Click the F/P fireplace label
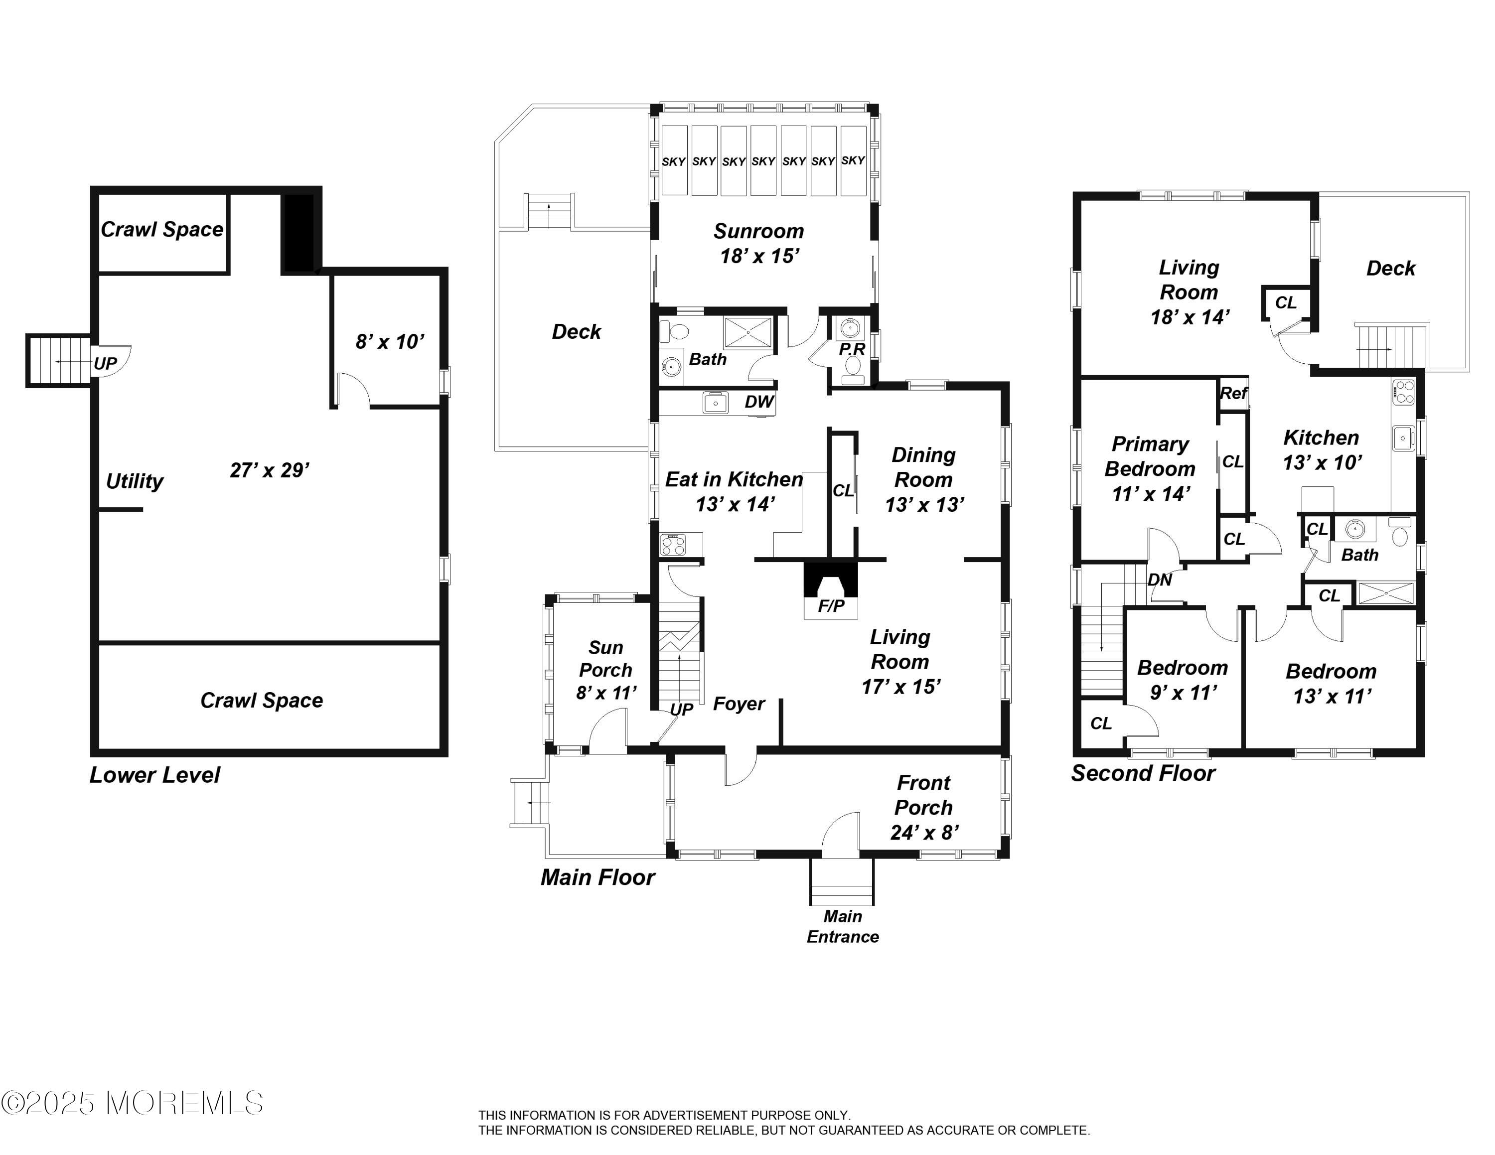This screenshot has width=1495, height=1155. click(x=831, y=605)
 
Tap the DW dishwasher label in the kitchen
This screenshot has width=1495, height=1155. click(x=759, y=402)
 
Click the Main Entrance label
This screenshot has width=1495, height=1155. click(x=843, y=926)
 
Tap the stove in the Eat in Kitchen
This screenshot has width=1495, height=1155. click(x=673, y=545)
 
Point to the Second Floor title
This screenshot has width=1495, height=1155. click(x=1143, y=773)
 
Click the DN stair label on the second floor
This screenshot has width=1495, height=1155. click(x=1160, y=580)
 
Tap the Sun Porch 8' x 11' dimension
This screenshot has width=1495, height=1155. click(x=606, y=693)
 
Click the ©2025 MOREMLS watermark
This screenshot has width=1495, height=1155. click(x=132, y=1103)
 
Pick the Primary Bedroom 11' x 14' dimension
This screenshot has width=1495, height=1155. click(x=1151, y=493)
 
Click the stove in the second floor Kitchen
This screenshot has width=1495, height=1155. click(x=1403, y=393)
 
